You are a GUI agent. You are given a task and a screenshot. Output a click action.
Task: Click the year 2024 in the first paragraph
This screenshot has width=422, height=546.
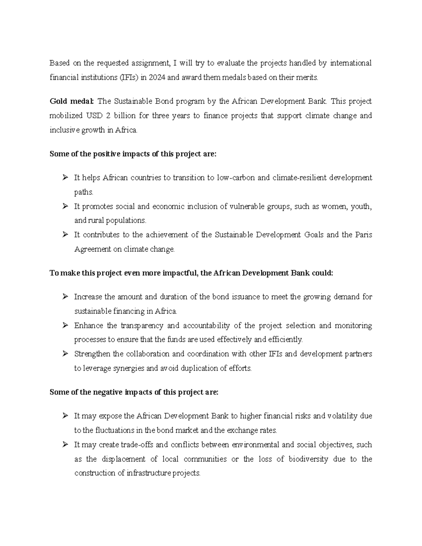point(157,78)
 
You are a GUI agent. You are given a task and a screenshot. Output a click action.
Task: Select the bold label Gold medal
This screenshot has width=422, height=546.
point(71,102)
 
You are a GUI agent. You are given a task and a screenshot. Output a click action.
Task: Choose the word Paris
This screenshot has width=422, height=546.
point(364,235)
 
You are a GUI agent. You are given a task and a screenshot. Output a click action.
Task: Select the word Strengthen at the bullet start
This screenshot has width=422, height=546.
point(92,354)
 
